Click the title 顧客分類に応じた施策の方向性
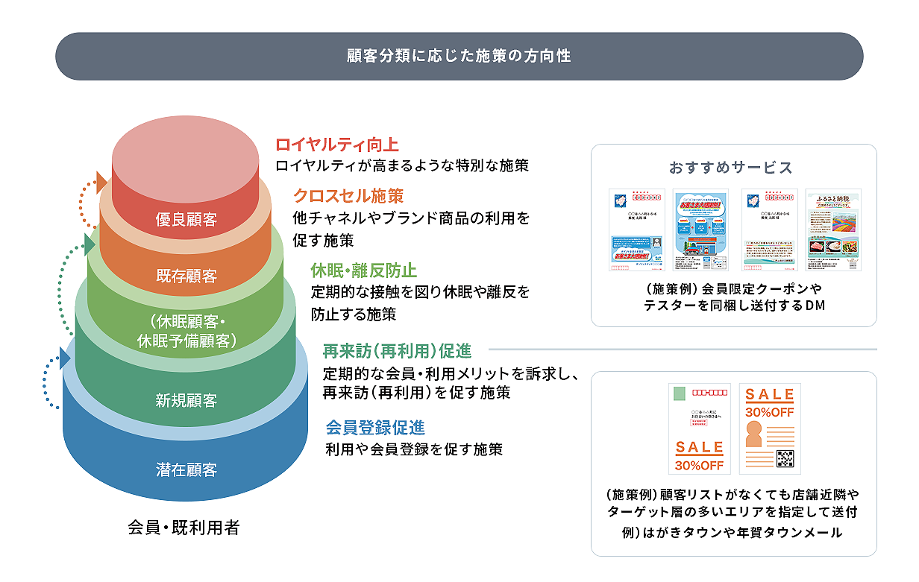click(x=459, y=56)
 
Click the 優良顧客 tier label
click(x=186, y=220)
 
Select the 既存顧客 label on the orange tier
click(x=186, y=276)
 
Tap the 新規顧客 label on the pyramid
click(x=186, y=401)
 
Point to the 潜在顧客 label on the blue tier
click(x=186, y=470)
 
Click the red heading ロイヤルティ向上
click(x=337, y=145)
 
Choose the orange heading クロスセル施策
click(x=348, y=196)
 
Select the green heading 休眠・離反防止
click(x=364, y=270)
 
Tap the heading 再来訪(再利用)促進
click(x=397, y=350)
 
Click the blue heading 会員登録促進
click(x=375, y=428)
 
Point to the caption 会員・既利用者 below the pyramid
click(x=184, y=528)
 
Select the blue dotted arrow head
click(x=65, y=358)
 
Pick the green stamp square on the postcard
click(x=679, y=393)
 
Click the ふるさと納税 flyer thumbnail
click(x=833, y=230)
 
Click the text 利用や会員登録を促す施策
click(x=414, y=449)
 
